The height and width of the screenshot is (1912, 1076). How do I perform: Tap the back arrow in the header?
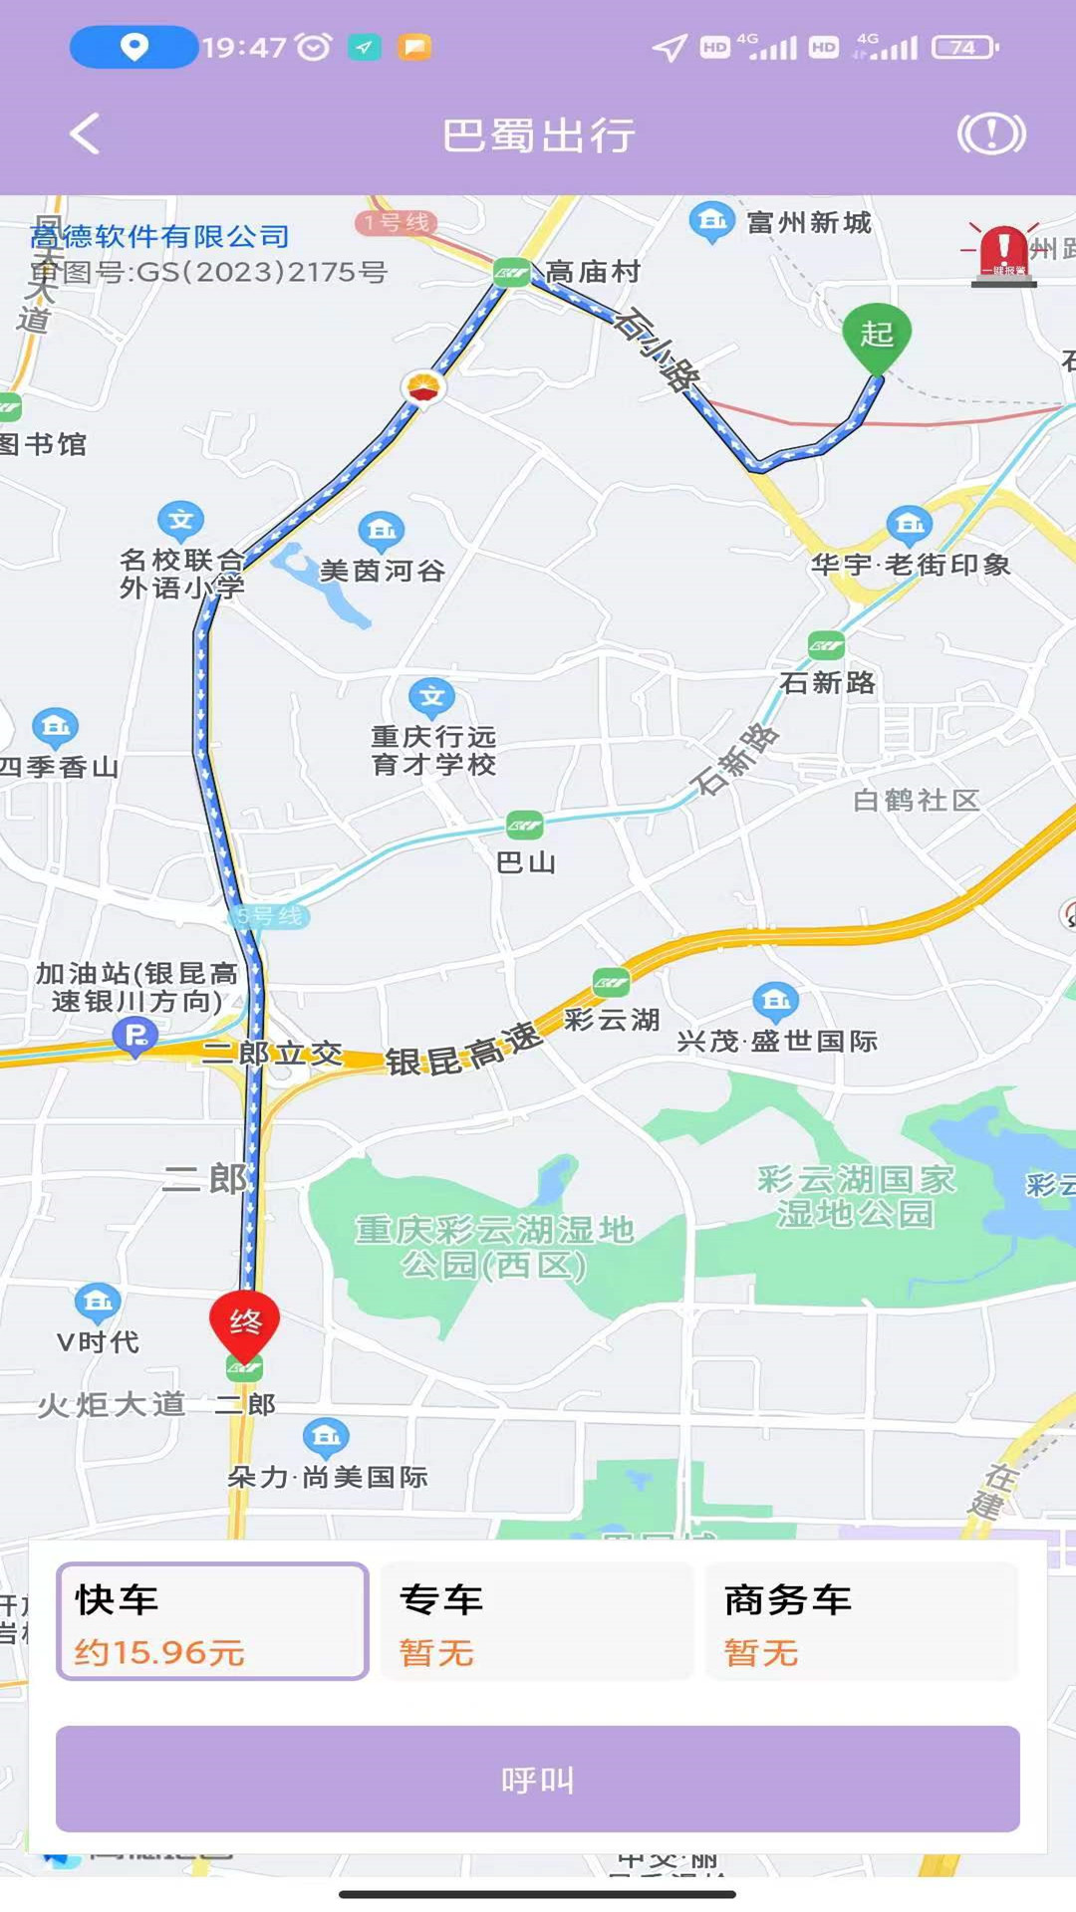[86, 133]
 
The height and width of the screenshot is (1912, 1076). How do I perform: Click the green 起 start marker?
[876, 336]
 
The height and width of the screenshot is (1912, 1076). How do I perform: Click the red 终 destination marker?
[244, 1323]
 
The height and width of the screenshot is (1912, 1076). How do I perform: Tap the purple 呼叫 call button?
[538, 1779]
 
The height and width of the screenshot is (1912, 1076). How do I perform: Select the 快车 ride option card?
[212, 1621]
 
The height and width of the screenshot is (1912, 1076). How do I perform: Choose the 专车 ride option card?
[536, 1621]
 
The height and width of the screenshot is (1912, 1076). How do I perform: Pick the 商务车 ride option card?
[861, 1621]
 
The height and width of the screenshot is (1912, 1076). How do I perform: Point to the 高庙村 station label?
[592, 271]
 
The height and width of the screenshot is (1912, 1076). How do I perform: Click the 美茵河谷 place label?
[383, 571]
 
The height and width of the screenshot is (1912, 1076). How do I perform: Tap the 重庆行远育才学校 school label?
[433, 750]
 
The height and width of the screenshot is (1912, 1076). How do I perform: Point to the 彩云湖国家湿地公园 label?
[856, 1196]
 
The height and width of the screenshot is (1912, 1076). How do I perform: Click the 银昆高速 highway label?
[463, 1050]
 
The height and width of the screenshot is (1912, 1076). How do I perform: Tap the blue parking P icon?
[134, 1036]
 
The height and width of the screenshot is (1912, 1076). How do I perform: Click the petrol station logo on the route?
[424, 386]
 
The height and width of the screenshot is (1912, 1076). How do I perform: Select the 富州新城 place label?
[809, 222]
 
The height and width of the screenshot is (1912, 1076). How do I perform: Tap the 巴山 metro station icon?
[524, 825]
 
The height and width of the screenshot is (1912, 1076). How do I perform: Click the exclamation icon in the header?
[991, 133]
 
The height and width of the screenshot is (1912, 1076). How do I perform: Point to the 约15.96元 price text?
[159, 1653]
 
